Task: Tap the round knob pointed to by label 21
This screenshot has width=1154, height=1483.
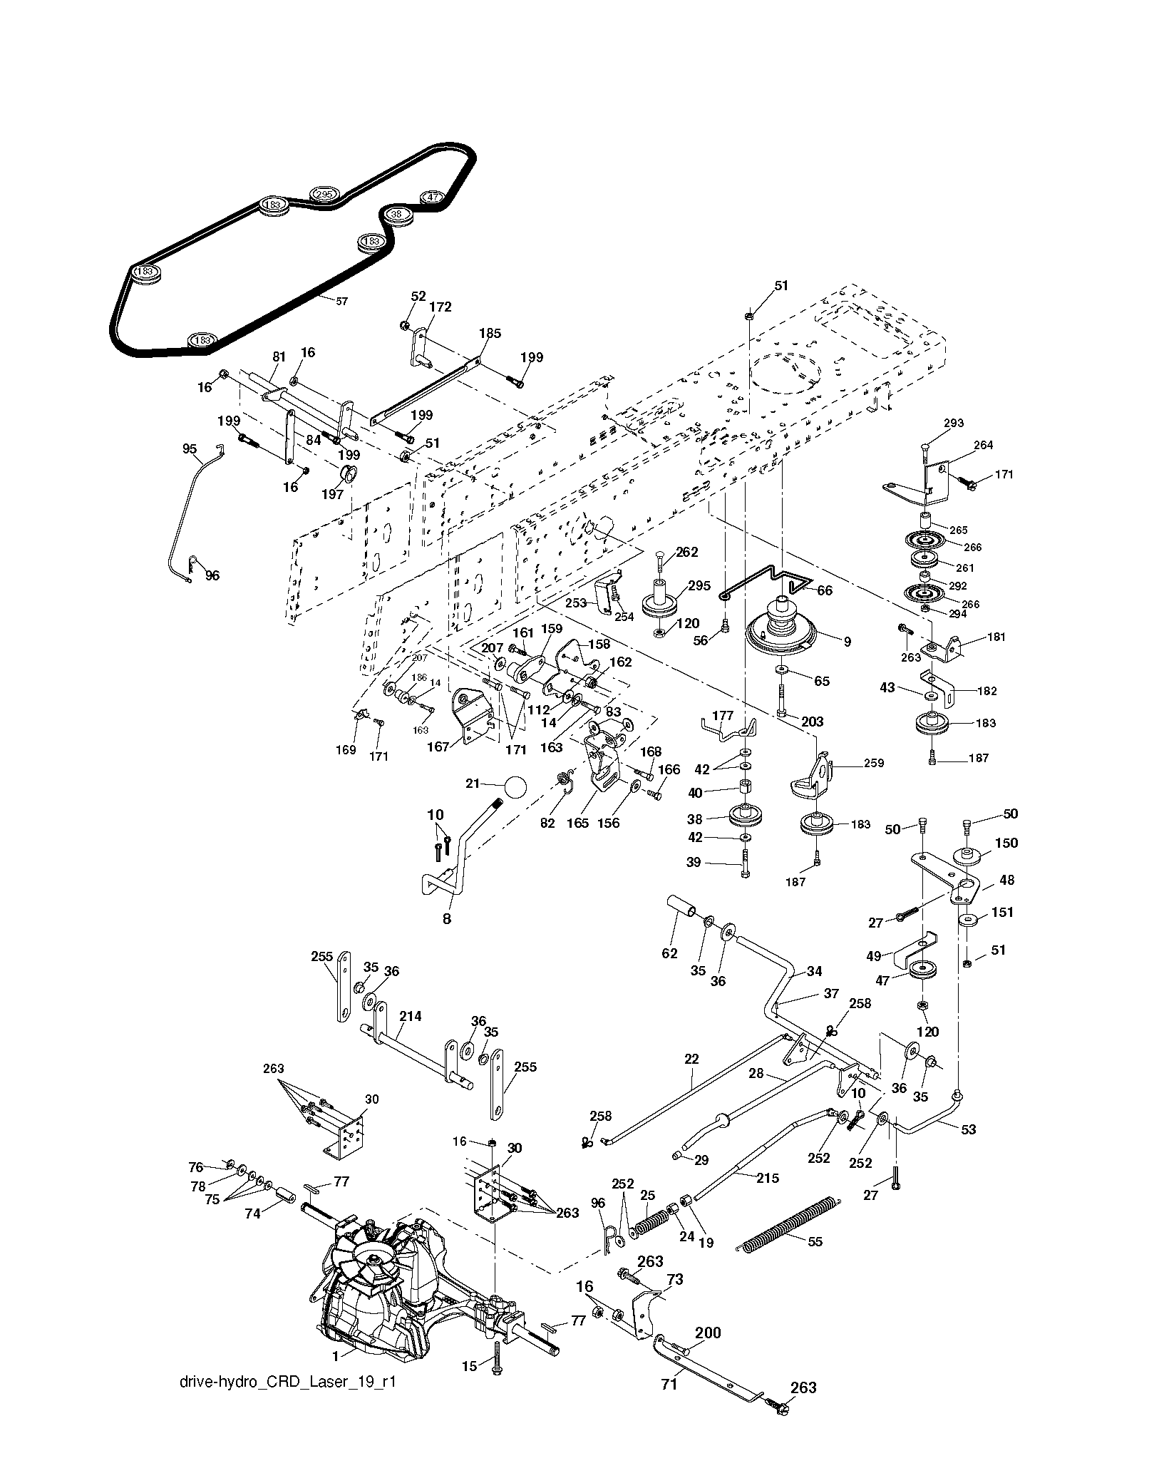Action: click(514, 788)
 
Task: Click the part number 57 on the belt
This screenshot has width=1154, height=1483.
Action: click(341, 301)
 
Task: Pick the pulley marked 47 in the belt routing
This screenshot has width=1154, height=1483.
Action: click(433, 200)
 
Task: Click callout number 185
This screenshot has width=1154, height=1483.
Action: click(490, 333)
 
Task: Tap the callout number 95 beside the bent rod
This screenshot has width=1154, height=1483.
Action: click(190, 448)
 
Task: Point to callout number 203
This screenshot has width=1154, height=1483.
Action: click(813, 722)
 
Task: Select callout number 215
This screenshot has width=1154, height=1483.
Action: click(768, 1179)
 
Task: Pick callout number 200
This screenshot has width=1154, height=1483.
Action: click(708, 1332)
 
